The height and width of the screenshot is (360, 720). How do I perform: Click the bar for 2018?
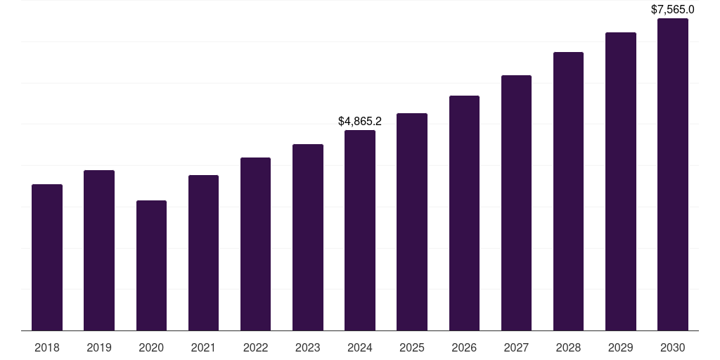coord(47,257)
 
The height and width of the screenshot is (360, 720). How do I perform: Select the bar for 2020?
coord(151,266)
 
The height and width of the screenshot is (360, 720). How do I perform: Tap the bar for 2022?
coord(255,244)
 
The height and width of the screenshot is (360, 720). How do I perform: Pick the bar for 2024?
coord(360,231)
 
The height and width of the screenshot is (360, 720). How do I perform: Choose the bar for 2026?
coord(464,213)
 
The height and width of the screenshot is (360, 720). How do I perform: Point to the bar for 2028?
coord(568,191)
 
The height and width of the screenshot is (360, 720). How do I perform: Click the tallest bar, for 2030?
coord(673,174)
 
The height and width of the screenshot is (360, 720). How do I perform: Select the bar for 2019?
coord(99,250)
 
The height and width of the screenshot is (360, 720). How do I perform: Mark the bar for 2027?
coord(516,203)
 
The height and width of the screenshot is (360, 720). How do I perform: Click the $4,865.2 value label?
coord(360,122)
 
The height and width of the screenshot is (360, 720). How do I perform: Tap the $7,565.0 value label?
coord(673,10)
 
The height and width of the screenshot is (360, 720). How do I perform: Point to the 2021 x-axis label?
coord(203,347)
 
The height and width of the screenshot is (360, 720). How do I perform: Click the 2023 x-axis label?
coord(308,347)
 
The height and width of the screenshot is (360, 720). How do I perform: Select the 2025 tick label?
coord(412,347)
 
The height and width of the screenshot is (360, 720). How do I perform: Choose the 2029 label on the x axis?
coord(621,347)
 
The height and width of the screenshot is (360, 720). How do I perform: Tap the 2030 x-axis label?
coord(673,347)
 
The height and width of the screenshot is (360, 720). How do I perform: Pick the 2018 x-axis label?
coord(47,347)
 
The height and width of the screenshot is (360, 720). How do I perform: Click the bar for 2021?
coord(203,253)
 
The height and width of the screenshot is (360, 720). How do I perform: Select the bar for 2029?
coord(621,181)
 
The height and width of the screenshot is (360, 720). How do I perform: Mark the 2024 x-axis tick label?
coord(360,347)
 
